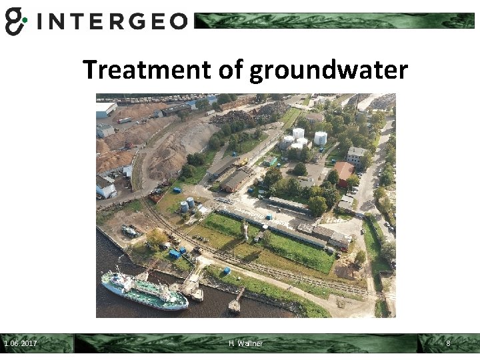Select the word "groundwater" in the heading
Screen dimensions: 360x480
click(328, 70)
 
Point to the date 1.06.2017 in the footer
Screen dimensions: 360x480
click(21, 343)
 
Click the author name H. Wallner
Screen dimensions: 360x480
click(245, 343)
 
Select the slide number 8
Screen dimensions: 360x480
click(448, 343)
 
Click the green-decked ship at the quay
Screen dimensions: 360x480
click(143, 290)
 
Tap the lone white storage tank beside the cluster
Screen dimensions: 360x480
click(321, 138)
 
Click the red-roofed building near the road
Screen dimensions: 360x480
click(344, 171)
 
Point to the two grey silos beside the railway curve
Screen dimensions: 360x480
click(187, 203)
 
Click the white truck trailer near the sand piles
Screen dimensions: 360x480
click(125, 121)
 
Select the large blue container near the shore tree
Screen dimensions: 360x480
click(175, 253)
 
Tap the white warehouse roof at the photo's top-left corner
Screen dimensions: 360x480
click(105, 109)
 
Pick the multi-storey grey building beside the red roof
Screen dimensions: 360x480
click(356, 156)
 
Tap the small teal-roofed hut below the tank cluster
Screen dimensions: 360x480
click(271, 161)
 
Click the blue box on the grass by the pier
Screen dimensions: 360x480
click(226, 271)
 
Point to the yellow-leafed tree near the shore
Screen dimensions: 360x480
click(156, 236)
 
